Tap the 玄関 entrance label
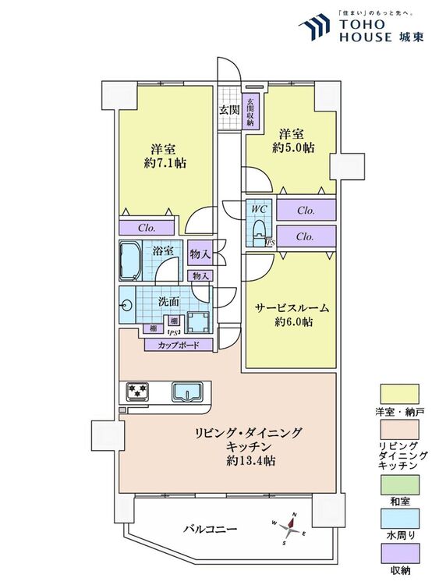tap(228, 110)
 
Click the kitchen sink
tap(187, 392)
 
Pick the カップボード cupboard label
tap(179, 345)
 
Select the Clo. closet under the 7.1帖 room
tap(148, 229)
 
